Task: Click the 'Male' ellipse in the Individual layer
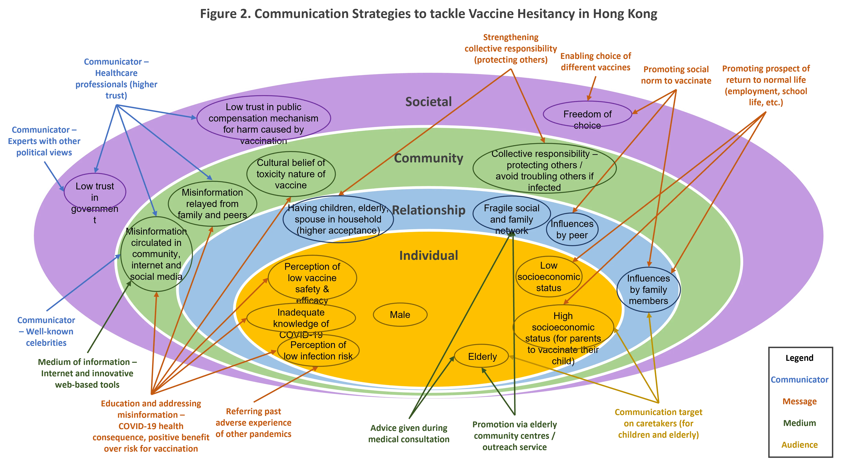400,315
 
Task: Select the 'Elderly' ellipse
482,356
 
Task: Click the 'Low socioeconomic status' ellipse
549,276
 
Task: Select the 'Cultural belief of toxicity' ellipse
291,174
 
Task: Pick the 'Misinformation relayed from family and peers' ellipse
212,204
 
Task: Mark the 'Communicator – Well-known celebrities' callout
46,331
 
